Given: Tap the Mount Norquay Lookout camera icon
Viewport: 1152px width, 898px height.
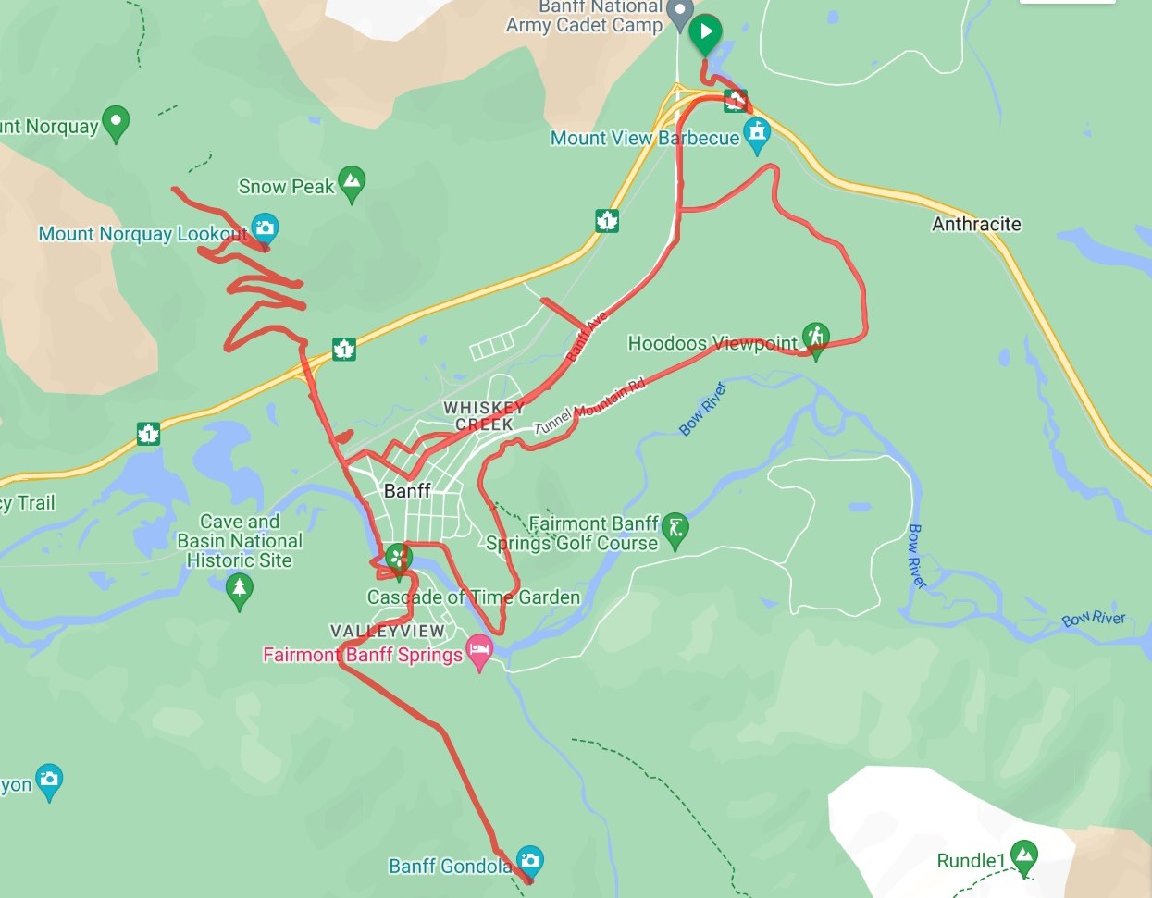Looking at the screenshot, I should tap(265, 228).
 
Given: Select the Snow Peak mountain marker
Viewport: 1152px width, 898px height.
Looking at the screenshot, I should tap(352, 182).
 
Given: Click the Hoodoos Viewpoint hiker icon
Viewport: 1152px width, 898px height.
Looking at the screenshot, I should tap(815, 338).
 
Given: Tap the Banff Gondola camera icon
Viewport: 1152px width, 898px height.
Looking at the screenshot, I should tap(529, 861).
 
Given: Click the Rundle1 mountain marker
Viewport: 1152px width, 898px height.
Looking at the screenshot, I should tap(1023, 855).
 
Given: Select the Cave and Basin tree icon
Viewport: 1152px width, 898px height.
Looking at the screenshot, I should tap(239, 588).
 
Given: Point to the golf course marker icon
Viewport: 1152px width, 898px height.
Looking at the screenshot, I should tap(675, 529).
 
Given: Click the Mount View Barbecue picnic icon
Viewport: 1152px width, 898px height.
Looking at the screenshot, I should tap(757, 134).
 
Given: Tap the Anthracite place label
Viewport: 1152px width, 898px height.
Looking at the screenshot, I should tap(976, 224).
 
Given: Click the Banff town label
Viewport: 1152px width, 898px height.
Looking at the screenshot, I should tap(407, 491).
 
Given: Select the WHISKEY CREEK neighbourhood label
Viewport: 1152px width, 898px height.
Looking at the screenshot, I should tap(483, 415).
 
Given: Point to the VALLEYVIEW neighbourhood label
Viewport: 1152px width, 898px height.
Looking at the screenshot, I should tap(388, 631).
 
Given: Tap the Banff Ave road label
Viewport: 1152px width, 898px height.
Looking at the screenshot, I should tap(587, 336).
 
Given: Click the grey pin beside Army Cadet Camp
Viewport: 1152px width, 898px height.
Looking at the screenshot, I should tap(680, 13).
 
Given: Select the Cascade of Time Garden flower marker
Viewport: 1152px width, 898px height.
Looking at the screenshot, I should tap(399, 558).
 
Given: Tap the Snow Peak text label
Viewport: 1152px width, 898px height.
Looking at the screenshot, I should tap(286, 187).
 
